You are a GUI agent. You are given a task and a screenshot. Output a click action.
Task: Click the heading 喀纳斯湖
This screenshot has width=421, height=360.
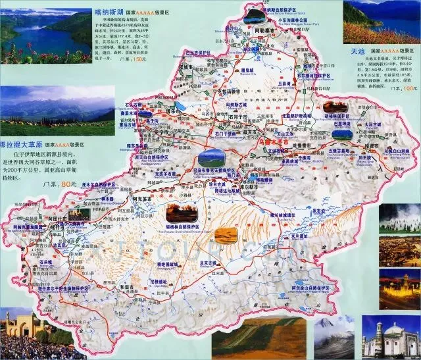[x=109, y=12]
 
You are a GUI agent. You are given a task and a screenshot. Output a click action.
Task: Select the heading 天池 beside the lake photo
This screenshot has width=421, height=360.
[x=357, y=50]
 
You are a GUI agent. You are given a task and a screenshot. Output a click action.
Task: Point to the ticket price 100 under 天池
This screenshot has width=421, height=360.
[x=410, y=87]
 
